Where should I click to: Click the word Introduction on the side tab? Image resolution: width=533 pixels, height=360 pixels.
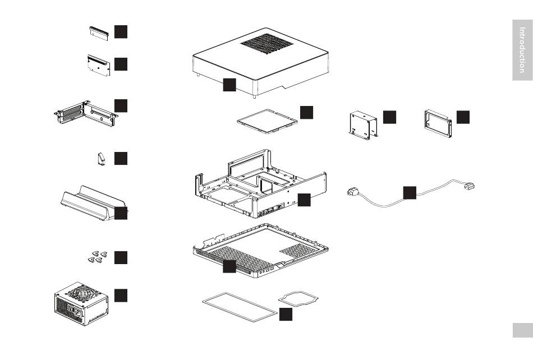coord(522,50)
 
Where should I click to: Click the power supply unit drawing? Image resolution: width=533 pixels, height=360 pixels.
coord(81,303)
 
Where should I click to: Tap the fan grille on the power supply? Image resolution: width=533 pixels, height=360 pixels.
coord(83,292)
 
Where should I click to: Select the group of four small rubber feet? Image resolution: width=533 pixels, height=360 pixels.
coord(98,257)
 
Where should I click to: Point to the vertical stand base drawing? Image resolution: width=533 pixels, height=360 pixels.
coord(93,203)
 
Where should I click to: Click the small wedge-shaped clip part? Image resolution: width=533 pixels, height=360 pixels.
coord(102,159)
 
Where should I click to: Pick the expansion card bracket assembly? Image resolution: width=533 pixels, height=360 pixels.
coord(86,113)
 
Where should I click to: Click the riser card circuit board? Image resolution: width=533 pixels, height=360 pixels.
coord(99,65)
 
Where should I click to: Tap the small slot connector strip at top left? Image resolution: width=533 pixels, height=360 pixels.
coord(99,33)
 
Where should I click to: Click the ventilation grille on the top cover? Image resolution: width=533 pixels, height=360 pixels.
coord(267,44)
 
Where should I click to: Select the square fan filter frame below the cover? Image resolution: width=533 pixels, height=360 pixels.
coord(267,121)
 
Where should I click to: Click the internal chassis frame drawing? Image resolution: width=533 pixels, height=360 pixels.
coord(261,183)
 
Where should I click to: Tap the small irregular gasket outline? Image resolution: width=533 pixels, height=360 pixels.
coord(298,298)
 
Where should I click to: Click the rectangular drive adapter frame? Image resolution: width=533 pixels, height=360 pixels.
coord(438,123)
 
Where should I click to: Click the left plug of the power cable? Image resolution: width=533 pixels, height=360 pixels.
coord(352,192)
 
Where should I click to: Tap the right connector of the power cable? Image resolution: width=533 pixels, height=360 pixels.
coord(470,186)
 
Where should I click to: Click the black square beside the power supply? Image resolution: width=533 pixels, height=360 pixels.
coord(121,296)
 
